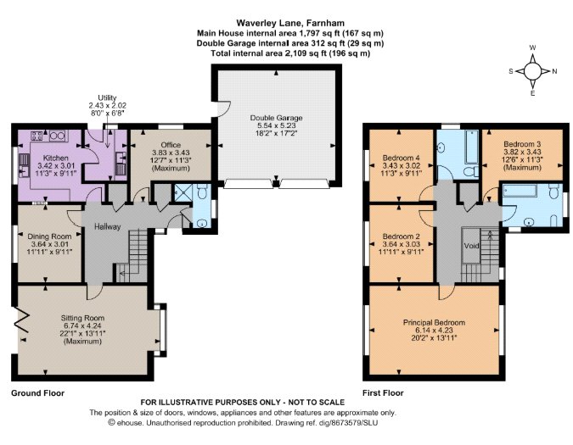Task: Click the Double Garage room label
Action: [276, 118]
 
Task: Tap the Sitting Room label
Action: [82, 318]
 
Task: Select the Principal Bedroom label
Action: [434, 322]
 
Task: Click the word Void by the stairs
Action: [471, 246]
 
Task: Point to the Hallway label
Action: [108, 226]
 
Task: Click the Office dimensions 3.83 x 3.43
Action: [171, 153]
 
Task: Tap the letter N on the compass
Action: [554, 71]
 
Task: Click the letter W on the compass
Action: [533, 47]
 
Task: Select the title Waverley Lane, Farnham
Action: [290, 23]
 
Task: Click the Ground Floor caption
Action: [37, 393]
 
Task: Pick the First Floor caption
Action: [383, 393]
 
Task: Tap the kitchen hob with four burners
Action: [37, 136]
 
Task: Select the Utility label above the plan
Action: [107, 97]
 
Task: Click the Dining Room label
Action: [49, 236]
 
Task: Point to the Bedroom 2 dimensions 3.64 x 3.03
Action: [402, 244]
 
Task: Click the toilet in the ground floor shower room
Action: [202, 191]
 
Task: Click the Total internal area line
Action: [290, 53]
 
